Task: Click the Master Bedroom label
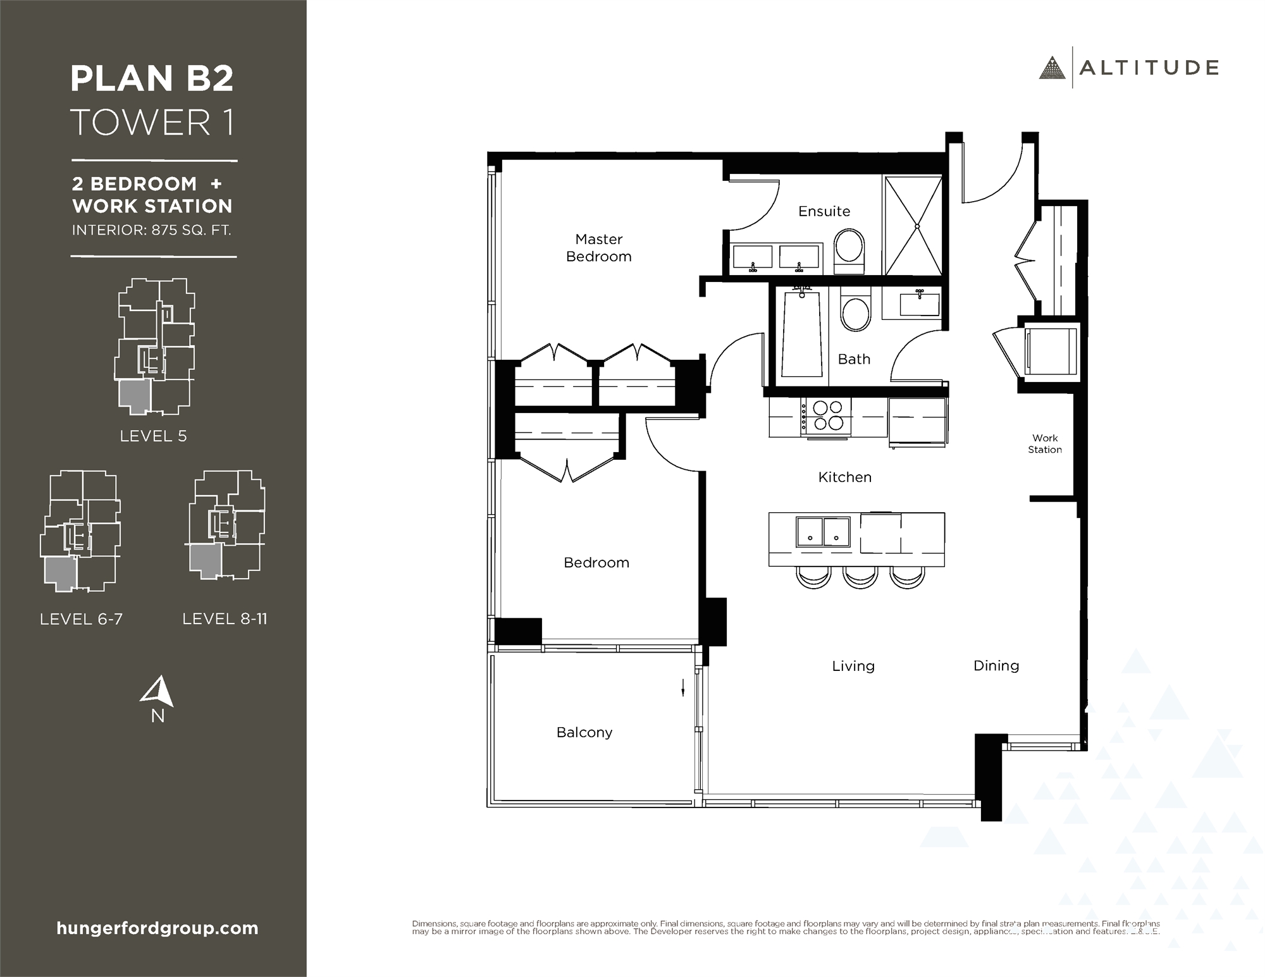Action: (x=598, y=248)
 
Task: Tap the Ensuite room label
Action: (x=824, y=211)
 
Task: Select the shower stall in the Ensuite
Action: (x=913, y=226)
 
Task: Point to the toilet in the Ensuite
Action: (x=849, y=251)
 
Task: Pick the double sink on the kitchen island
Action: (x=823, y=531)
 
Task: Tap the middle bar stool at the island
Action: (x=860, y=577)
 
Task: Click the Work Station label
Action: (x=1044, y=443)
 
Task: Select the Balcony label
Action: (x=584, y=732)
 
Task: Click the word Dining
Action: (x=996, y=665)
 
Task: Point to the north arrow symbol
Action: (x=158, y=692)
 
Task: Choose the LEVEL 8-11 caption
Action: (x=225, y=619)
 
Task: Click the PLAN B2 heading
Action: (x=152, y=78)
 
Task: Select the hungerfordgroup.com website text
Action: (x=157, y=928)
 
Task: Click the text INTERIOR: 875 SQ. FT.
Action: (x=151, y=230)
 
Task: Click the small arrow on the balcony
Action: (x=683, y=687)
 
